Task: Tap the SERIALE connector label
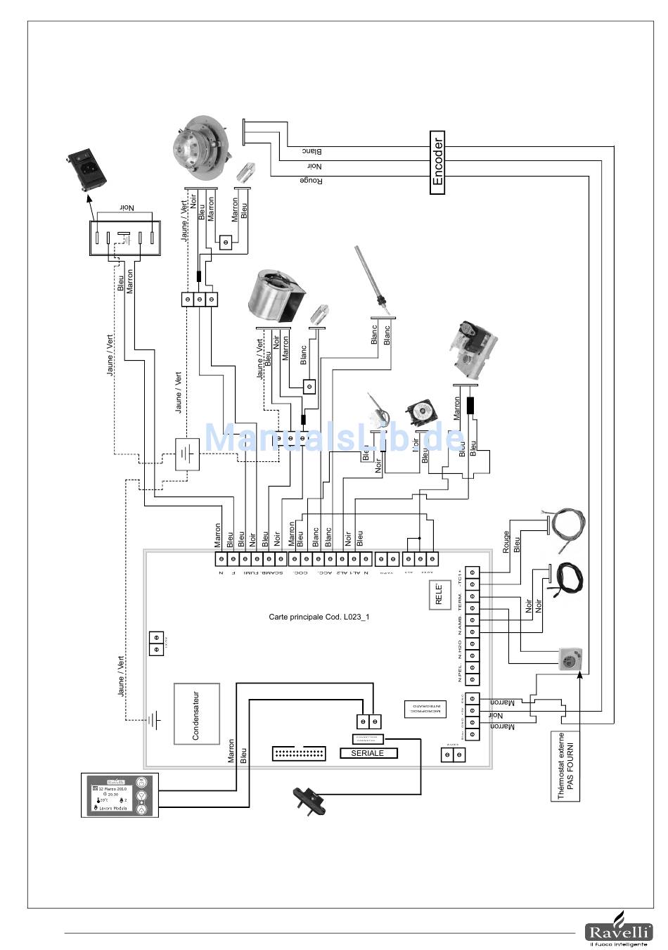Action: (x=367, y=753)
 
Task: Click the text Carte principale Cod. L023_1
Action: (x=319, y=617)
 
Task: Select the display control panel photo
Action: (x=120, y=795)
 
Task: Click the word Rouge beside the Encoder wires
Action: (x=311, y=181)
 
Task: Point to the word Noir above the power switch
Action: (x=126, y=208)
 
